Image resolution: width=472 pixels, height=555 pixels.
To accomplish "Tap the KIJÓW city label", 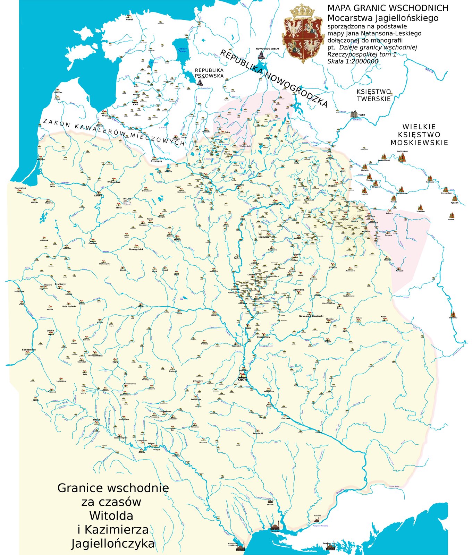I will click(x=243, y=379).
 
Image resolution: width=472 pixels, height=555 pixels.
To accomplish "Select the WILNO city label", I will click(x=127, y=199).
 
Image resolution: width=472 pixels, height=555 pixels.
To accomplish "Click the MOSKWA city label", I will click(x=403, y=152).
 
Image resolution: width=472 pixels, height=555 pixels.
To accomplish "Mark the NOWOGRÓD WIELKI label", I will click(x=267, y=49).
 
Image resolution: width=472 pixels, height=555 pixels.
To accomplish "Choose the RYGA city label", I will click(x=104, y=116).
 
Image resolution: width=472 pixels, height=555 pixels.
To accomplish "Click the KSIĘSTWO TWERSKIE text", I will click(x=374, y=95).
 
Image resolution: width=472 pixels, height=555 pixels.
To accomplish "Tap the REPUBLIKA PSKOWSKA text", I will click(x=209, y=73).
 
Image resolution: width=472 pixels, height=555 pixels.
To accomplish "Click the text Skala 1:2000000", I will click(x=353, y=61).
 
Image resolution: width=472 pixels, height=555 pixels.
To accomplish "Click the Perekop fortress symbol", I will click(x=330, y=547).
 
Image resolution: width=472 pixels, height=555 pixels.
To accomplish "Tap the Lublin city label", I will click(x=51, y=331).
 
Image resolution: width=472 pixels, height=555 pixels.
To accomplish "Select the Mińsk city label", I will click(x=177, y=240).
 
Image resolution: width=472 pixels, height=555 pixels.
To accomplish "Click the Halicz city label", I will click(x=96, y=419).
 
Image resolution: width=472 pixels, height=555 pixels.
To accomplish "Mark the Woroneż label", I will click(x=453, y=317).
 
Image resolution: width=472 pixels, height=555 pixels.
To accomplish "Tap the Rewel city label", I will click(x=129, y=19).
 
